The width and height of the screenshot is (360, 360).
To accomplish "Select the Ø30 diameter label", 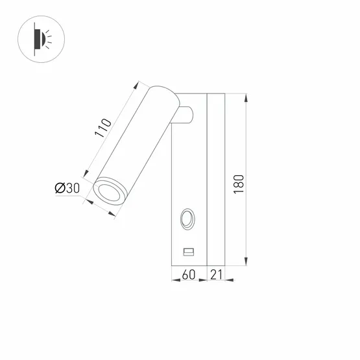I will click(67, 188).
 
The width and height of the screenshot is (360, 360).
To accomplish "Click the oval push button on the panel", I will click(187, 219).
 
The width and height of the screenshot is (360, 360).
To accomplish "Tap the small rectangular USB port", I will click(188, 251).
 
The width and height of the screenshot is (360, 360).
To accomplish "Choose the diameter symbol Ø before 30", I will click(59, 188).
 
